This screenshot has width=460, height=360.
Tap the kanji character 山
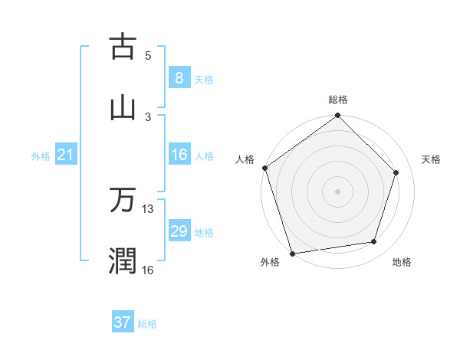point(123,107)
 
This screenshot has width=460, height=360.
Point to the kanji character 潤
point(123,260)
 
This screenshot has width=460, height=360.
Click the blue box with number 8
point(179,77)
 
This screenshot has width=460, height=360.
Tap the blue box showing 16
point(179,155)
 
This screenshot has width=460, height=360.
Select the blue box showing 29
point(179,231)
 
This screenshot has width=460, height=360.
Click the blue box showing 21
point(65,155)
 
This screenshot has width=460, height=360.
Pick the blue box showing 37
point(123,322)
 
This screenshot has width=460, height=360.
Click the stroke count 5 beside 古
point(148,55)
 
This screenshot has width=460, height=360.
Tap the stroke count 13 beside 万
point(148,208)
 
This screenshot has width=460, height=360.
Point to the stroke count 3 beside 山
point(148,116)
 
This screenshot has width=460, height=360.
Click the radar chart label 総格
point(338,100)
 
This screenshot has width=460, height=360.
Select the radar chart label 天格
point(431,159)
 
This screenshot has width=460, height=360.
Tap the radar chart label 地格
point(402,262)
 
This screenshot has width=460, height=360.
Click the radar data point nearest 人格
point(265,168)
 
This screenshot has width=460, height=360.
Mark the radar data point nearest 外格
point(292,253)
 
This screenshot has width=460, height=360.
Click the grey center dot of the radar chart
point(338,191)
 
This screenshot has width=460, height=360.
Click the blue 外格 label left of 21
point(41,155)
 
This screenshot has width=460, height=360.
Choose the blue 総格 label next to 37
point(147,324)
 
